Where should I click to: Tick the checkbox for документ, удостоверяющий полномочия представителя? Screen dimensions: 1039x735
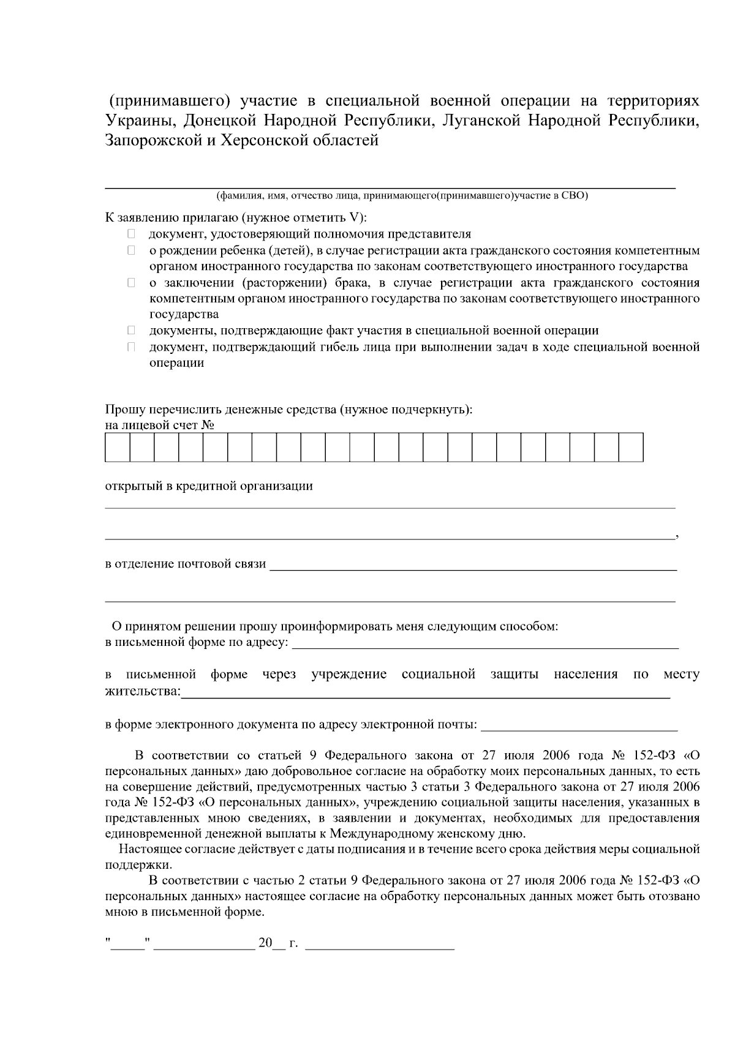click(x=131, y=234)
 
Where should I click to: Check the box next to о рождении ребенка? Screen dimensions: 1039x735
click(x=131, y=250)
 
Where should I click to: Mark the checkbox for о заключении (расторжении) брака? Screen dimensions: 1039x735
click(x=131, y=283)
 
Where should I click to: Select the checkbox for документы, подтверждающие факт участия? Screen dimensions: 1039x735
click(x=131, y=331)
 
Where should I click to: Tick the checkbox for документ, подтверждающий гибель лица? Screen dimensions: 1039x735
click(x=131, y=347)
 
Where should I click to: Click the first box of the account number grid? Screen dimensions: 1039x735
click(x=118, y=447)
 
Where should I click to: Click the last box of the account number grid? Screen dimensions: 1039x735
click(x=631, y=447)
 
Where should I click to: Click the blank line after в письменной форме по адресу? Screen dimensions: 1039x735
click(x=486, y=644)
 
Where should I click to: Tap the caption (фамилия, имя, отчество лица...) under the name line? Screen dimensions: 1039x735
click(x=402, y=196)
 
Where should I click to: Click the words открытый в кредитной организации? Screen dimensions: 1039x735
click(x=209, y=486)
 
